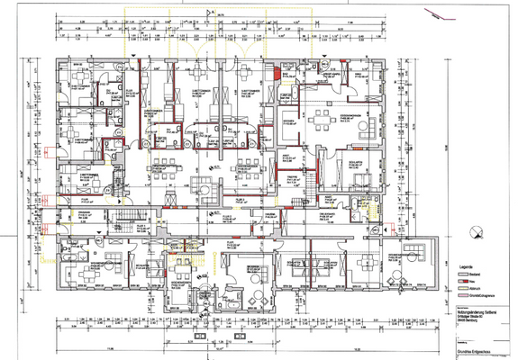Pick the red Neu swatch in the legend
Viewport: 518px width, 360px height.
[x=464, y=282]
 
